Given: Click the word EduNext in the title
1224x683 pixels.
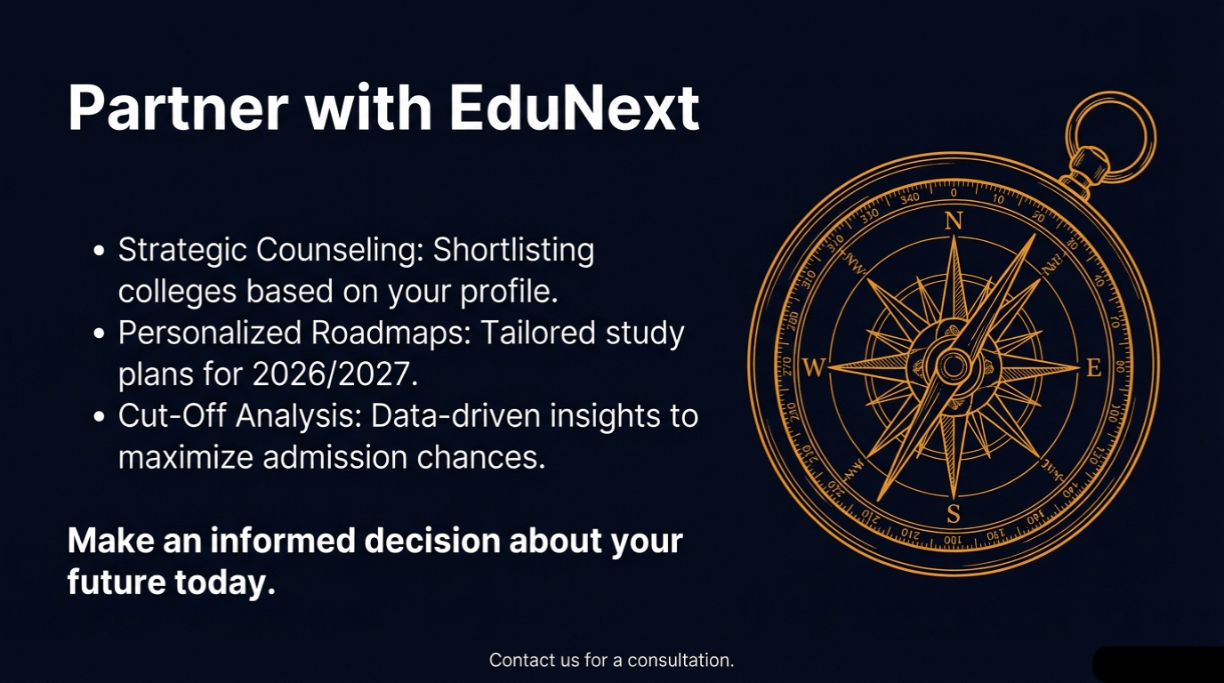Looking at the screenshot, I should click(x=574, y=108).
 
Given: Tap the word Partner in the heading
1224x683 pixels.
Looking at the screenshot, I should click(x=177, y=108).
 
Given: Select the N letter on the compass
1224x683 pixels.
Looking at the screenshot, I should click(x=954, y=221).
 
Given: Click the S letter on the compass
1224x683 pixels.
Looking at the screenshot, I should click(x=954, y=513).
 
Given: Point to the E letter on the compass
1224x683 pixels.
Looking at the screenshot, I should click(x=1093, y=367).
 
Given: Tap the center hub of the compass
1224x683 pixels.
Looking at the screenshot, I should click(x=954, y=366).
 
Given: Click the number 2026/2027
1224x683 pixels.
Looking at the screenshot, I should click(x=334, y=374).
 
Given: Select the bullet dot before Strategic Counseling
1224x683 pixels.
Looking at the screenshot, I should click(x=100, y=251).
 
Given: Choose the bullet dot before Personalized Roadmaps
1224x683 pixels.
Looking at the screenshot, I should click(x=100, y=333).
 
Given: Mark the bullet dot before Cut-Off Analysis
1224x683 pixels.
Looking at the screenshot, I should click(x=100, y=416).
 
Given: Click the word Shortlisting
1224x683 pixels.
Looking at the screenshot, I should click(x=513, y=251).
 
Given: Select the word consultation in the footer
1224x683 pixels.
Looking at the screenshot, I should click(x=680, y=661).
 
